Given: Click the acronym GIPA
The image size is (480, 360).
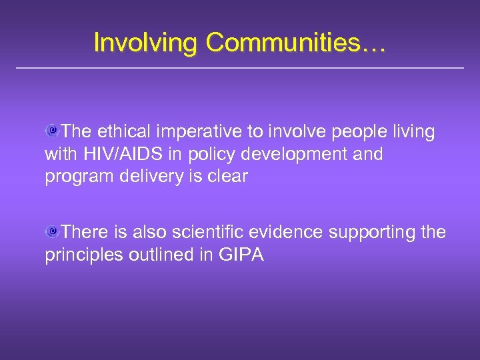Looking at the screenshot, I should click(241, 255).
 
